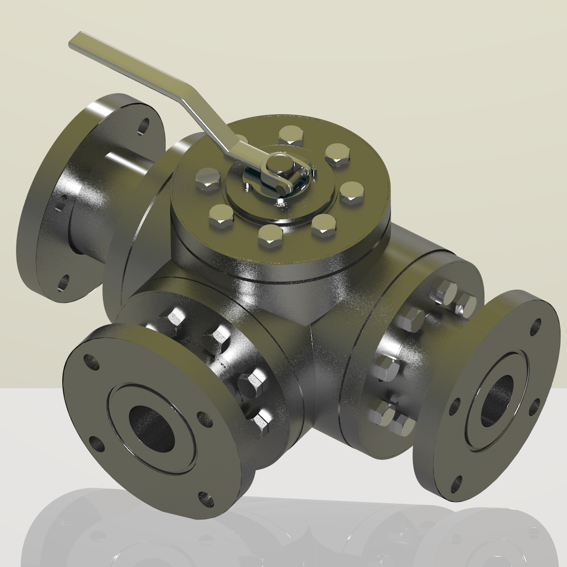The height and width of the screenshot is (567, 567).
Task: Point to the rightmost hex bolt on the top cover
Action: pos(351,192)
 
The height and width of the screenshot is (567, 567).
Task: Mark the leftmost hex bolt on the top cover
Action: pos(208,179)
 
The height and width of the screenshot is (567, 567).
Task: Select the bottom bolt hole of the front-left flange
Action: pos(206,499)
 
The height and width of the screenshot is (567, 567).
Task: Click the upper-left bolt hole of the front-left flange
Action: pos(91,362)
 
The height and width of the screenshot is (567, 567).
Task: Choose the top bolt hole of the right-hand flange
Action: pos(535,327)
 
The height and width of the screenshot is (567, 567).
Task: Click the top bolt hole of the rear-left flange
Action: pos(143,126)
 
